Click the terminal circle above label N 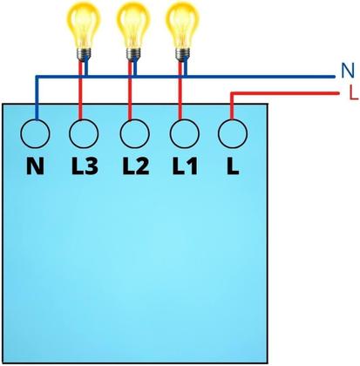click(x=36, y=133)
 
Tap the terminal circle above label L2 click(x=133, y=133)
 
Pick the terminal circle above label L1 click(x=182, y=133)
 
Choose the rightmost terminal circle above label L click(x=231, y=133)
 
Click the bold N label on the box click(x=36, y=165)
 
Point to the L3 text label click(x=84, y=165)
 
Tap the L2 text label click(x=133, y=165)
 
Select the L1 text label click(x=182, y=165)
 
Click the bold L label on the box click(x=232, y=165)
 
